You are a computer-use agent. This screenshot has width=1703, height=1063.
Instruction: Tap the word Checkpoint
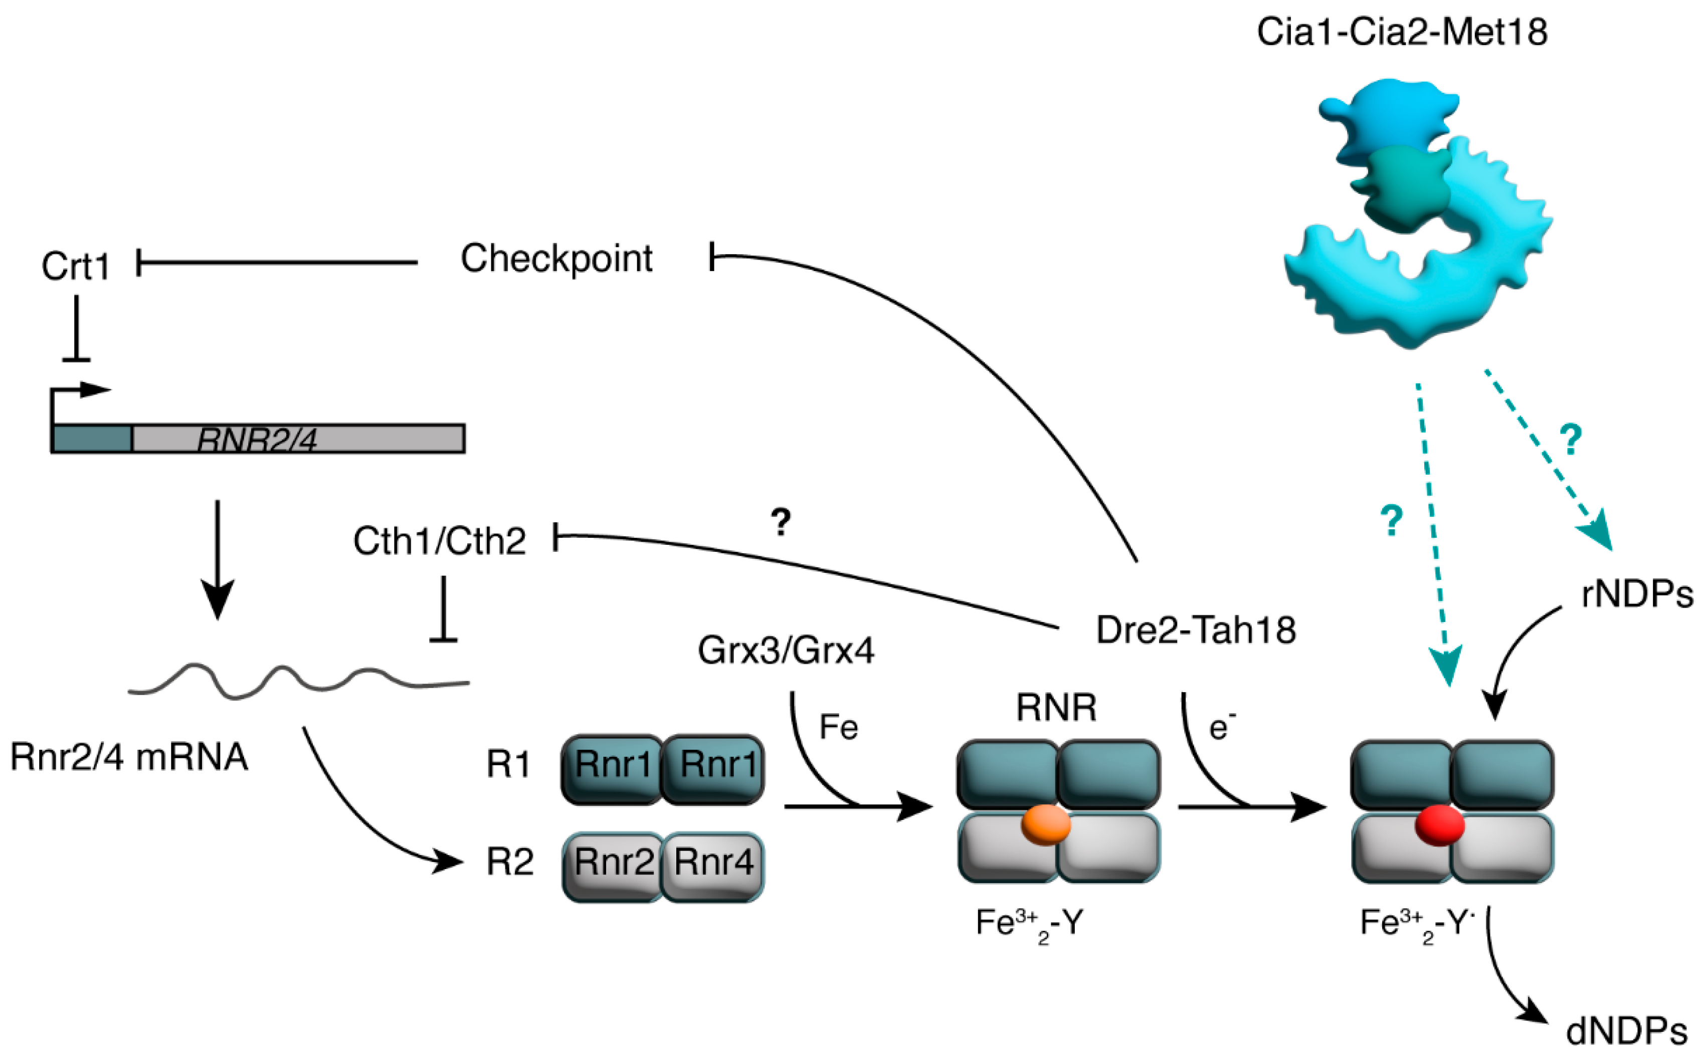556,259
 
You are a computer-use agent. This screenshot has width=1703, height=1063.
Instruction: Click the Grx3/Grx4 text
786,651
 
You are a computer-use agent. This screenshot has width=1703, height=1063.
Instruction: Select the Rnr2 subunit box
613,862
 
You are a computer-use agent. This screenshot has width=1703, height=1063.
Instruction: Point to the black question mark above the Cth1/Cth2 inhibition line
781,522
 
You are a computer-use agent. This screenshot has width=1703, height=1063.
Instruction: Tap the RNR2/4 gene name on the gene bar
257,440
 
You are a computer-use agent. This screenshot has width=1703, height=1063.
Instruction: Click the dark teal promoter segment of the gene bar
91,439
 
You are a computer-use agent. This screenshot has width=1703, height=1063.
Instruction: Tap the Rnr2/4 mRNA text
129,758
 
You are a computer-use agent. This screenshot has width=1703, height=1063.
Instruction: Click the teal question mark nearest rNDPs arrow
1571,440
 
